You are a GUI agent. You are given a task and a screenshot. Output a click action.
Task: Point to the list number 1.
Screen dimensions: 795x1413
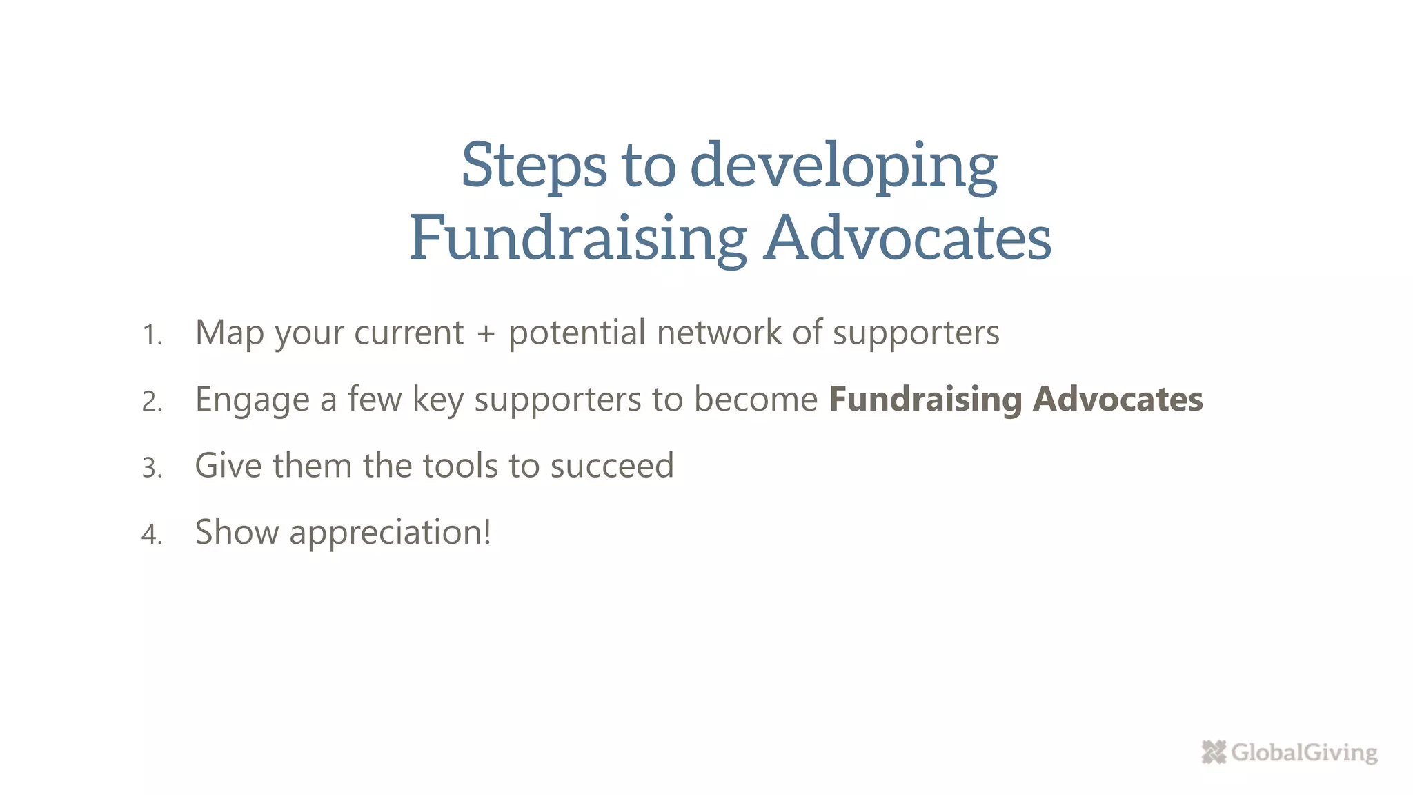(x=151, y=335)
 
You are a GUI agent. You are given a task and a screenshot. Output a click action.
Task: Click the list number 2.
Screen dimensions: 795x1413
(x=152, y=402)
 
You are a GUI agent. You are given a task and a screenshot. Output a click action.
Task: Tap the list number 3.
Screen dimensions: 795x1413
(x=152, y=469)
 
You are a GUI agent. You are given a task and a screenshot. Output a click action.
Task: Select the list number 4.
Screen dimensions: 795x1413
(x=152, y=535)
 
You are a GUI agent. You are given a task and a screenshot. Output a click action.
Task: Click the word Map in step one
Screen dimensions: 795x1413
(x=230, y=334)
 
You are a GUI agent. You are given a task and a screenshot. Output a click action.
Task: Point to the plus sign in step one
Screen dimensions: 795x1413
(x=486, y=334)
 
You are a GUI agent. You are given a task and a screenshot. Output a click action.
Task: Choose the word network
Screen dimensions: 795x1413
(x=718, y=333)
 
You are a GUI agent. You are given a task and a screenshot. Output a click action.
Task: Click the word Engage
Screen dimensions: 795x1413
(x=253, y=400)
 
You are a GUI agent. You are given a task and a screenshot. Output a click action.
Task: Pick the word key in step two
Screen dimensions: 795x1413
(x=437, y=400)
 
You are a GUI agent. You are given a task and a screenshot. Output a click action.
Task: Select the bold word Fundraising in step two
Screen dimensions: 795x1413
(x=925, y=400)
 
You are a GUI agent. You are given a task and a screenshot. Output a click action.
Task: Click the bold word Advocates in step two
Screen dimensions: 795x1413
(x=1118, y=400)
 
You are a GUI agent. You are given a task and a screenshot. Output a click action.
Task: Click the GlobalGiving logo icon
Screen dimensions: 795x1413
(x=1214, y=752)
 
